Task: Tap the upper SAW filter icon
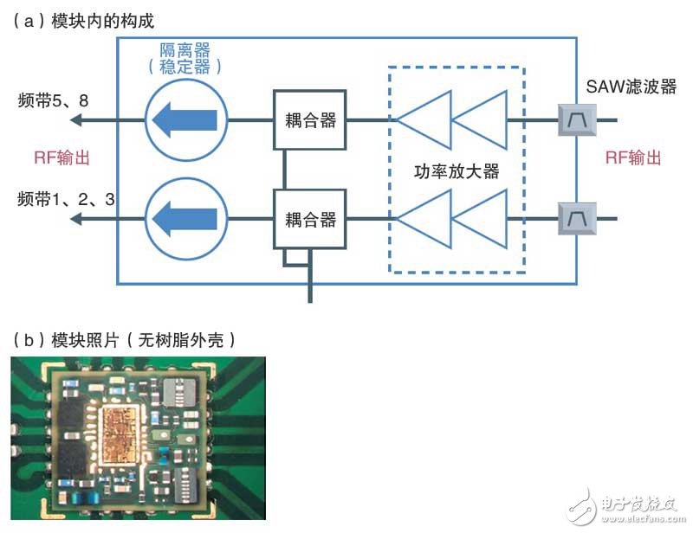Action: pos(577,119)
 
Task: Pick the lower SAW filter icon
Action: pos(577,219)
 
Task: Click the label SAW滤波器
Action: pos(631,87)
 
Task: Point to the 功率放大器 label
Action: pos(457,171)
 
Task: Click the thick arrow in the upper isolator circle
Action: pos(185,119)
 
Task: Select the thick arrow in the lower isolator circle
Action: pos(185,219)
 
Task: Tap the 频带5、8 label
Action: pos(53,100)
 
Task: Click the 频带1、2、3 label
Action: pos(67,199)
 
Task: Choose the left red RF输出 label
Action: pos(62,157)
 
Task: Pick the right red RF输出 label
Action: pos(633,157)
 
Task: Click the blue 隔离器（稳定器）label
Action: pos(185,58)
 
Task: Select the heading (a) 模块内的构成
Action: pos(83,21)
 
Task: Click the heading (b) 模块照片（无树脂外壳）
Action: pos(124,340)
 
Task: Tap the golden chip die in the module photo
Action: pos(119,435)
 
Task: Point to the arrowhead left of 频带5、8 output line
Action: pos(76,119)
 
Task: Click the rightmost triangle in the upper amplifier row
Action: pos(479,119)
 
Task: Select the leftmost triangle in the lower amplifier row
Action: pos(424,219)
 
